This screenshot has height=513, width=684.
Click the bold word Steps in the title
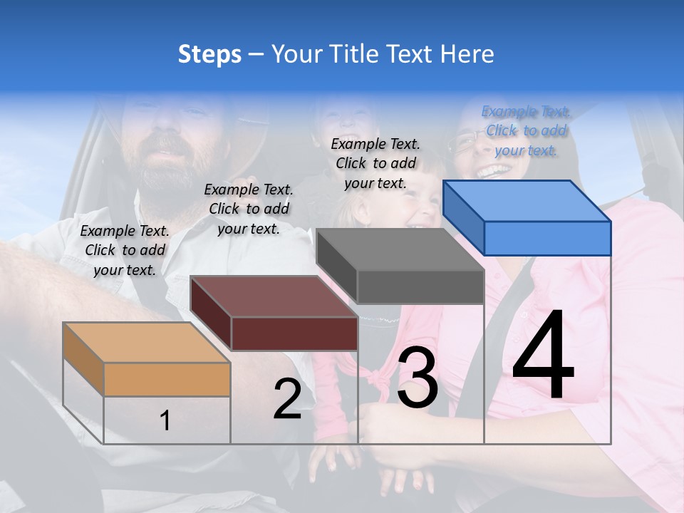coord(209,54)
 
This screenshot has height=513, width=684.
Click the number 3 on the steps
coord(418,378)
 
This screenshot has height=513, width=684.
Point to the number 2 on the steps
coord(288,399)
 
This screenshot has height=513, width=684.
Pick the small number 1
coord(165,420)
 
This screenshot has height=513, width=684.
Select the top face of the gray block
coord(400,249)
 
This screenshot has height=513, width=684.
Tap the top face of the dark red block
coord(274,296)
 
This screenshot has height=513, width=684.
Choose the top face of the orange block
coord(147,343)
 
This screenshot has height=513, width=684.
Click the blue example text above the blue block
coord(526,130)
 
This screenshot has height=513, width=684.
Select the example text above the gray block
coord(375,163)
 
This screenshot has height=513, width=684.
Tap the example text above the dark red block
coord(249,209)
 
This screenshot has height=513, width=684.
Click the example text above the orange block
coord(125,250)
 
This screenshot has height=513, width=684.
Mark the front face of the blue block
coord(547,238)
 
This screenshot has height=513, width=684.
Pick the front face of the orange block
coord(167,379)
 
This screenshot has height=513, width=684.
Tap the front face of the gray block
coord(420,286)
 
